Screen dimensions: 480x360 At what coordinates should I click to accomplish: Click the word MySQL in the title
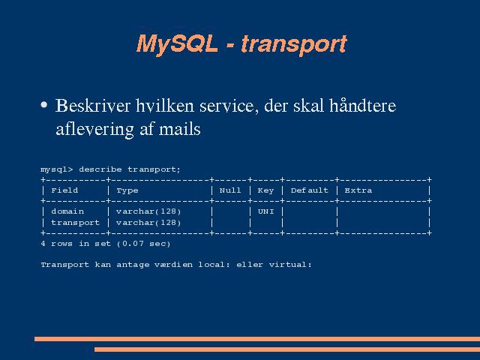(177, 44)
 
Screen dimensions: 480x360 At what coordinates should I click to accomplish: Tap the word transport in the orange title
(294, 44)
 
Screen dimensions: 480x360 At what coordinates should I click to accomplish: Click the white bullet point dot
(44, 105)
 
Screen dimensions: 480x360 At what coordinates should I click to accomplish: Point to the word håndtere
(363, 106)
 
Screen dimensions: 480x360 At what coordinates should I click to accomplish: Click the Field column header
(64, 190)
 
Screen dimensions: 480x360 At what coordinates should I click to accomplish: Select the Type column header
(127, 191)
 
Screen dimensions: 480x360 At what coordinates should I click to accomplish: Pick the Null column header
(230, 190)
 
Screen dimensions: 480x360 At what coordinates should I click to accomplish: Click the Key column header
(265, 191)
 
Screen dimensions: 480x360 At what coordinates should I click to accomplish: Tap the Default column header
(310, 190)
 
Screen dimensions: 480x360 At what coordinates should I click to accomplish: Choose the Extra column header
(358, 190)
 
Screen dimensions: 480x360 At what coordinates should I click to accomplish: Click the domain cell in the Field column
(67, 211)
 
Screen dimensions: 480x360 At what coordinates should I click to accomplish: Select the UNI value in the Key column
(266, 211)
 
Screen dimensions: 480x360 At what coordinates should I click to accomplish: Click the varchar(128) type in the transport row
(148, 223)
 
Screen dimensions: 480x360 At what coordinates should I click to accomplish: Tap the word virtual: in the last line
(290, 265)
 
